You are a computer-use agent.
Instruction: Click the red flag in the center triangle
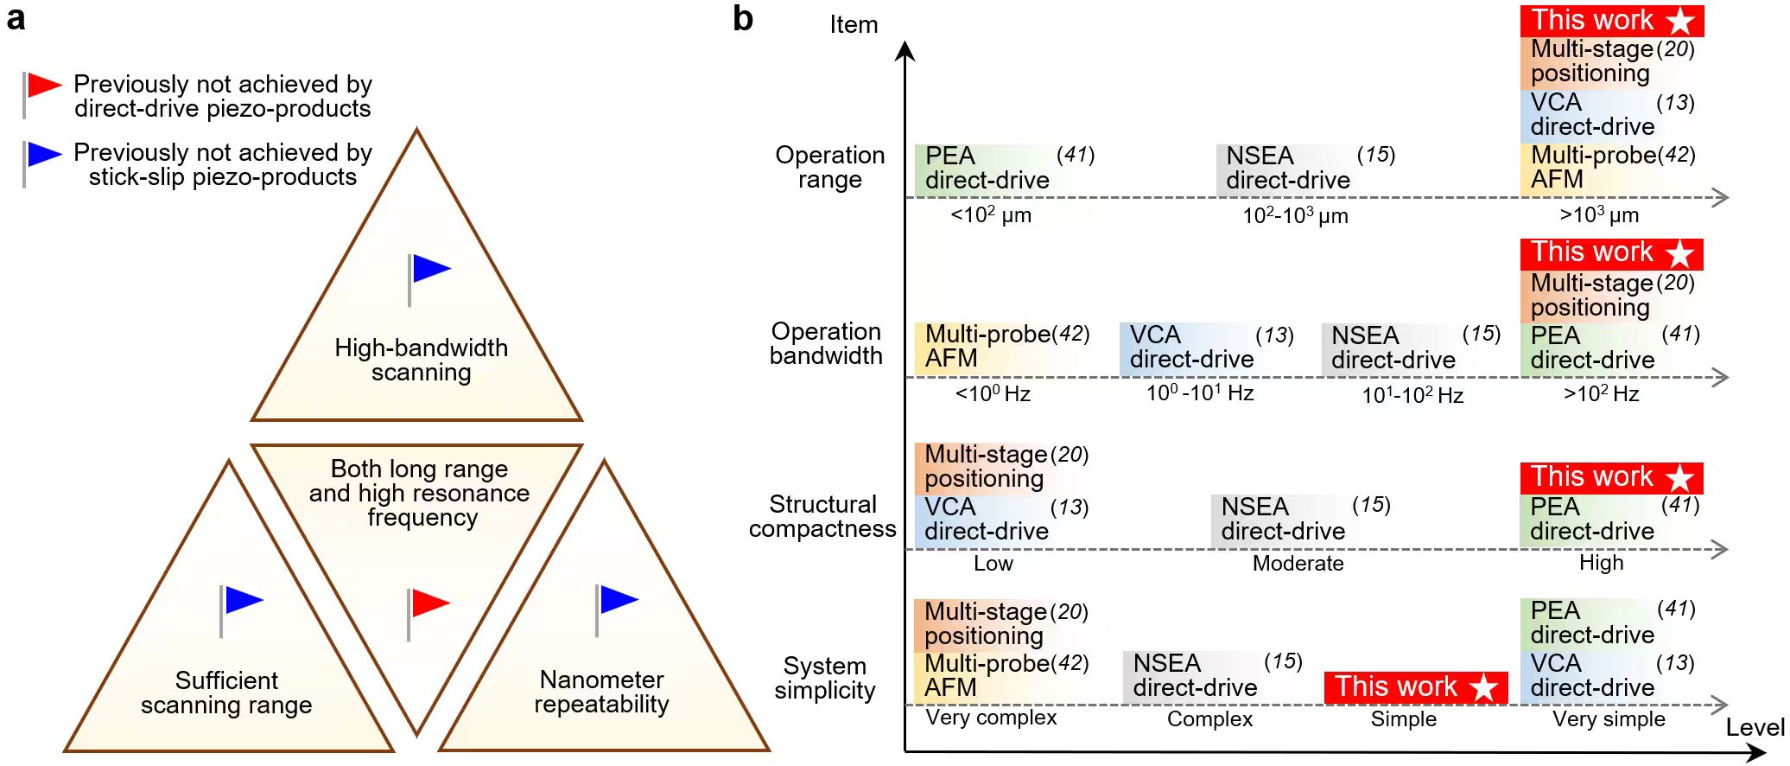pyautogui.click(x=430, y=603)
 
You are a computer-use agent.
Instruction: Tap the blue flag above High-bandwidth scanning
pyautogui.click(x=431, y=269)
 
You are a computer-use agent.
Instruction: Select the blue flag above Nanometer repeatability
pyautogui.click(x=619, y=599)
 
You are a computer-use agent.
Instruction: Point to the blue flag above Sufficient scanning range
pyautogui.click(x=243, y=600)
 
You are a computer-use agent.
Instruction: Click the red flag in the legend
pyautogui.click(x=44, y=85)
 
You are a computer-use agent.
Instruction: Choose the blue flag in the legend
pyautogui.click(x=44, y=154)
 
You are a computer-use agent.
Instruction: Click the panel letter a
pyautogui.click(x=16, y=17)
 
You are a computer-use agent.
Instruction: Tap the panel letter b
pyautogui.click(x=743, y=18)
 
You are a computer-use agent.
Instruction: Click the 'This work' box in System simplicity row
pyautogui.click(x=1416, y=687)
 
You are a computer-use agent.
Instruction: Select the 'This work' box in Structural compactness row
pyautogui.click(x=1611, y=477)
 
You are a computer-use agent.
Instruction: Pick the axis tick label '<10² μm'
pyautogui.click(x=991, y=214)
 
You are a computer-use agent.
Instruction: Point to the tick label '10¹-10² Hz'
pyautogui.click(x=1412, y=395)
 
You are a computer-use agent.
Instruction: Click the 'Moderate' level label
pyautogui.click(x=1298, y=564)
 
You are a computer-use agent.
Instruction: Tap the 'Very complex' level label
pyautogui.click(x=991, y=718)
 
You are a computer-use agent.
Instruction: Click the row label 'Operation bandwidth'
pyautogui.click(x=826, y=343)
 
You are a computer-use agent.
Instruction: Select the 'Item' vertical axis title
pyautogui.click(x=854, y=25)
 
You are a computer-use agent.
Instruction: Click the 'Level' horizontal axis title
pyautogui.click(x=1755, y=728)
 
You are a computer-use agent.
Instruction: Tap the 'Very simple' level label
pyautogui.click(x=1609, y=719)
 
